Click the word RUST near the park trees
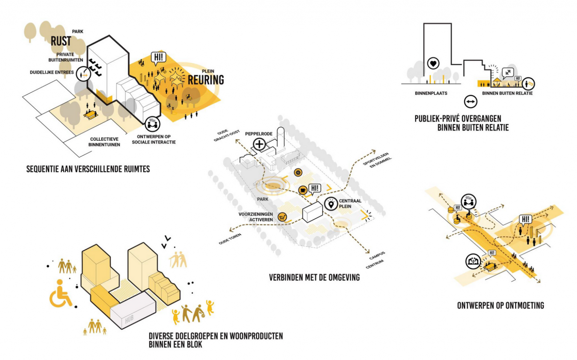(x=61, y=41)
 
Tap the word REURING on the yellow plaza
(x=205, y=80)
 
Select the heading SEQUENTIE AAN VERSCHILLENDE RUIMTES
(x=88, y=169)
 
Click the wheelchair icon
(x=60, y=293)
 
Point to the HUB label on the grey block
(x=129, y=319)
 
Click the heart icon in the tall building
(x=433, y=64)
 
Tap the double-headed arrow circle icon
(x=470, y=101)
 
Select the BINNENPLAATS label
(x=431, y=93)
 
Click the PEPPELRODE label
(x=258, y=134)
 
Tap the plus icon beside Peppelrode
(x=259, y=144)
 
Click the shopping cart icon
(x=282, y=217)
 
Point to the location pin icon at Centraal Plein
(x=331, y=204)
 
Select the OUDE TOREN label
(x=230, y=239)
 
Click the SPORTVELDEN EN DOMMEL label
(x=377, y=160)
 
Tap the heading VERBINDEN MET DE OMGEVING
(x=314, y=278)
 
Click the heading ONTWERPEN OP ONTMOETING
(x=500, y=306)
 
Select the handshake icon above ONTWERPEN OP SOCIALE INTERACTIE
(x=152, y=124)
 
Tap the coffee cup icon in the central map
(x=302, y=190)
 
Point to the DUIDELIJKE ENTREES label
(x=52, y=72)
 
